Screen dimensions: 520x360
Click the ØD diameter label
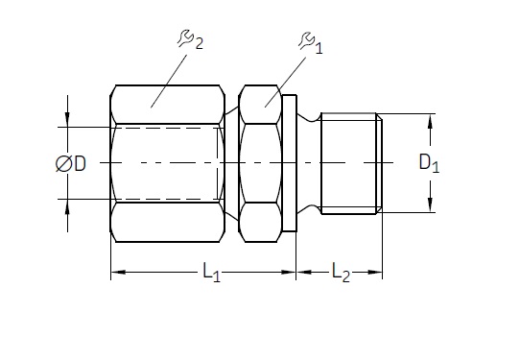coord(71,163)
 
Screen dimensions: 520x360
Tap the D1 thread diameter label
coord(429,163)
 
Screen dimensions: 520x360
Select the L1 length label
coord(212,272)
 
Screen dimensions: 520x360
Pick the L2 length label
coord(341,272)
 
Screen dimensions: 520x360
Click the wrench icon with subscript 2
coord(186,38)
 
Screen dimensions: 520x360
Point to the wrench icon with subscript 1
coord(306,40)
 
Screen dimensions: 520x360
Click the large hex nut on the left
coord(168,163)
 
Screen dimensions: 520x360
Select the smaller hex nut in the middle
coord(260,163)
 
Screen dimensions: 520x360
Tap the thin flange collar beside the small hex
coord(289,163)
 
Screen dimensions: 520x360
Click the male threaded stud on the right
coord(351,163)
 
